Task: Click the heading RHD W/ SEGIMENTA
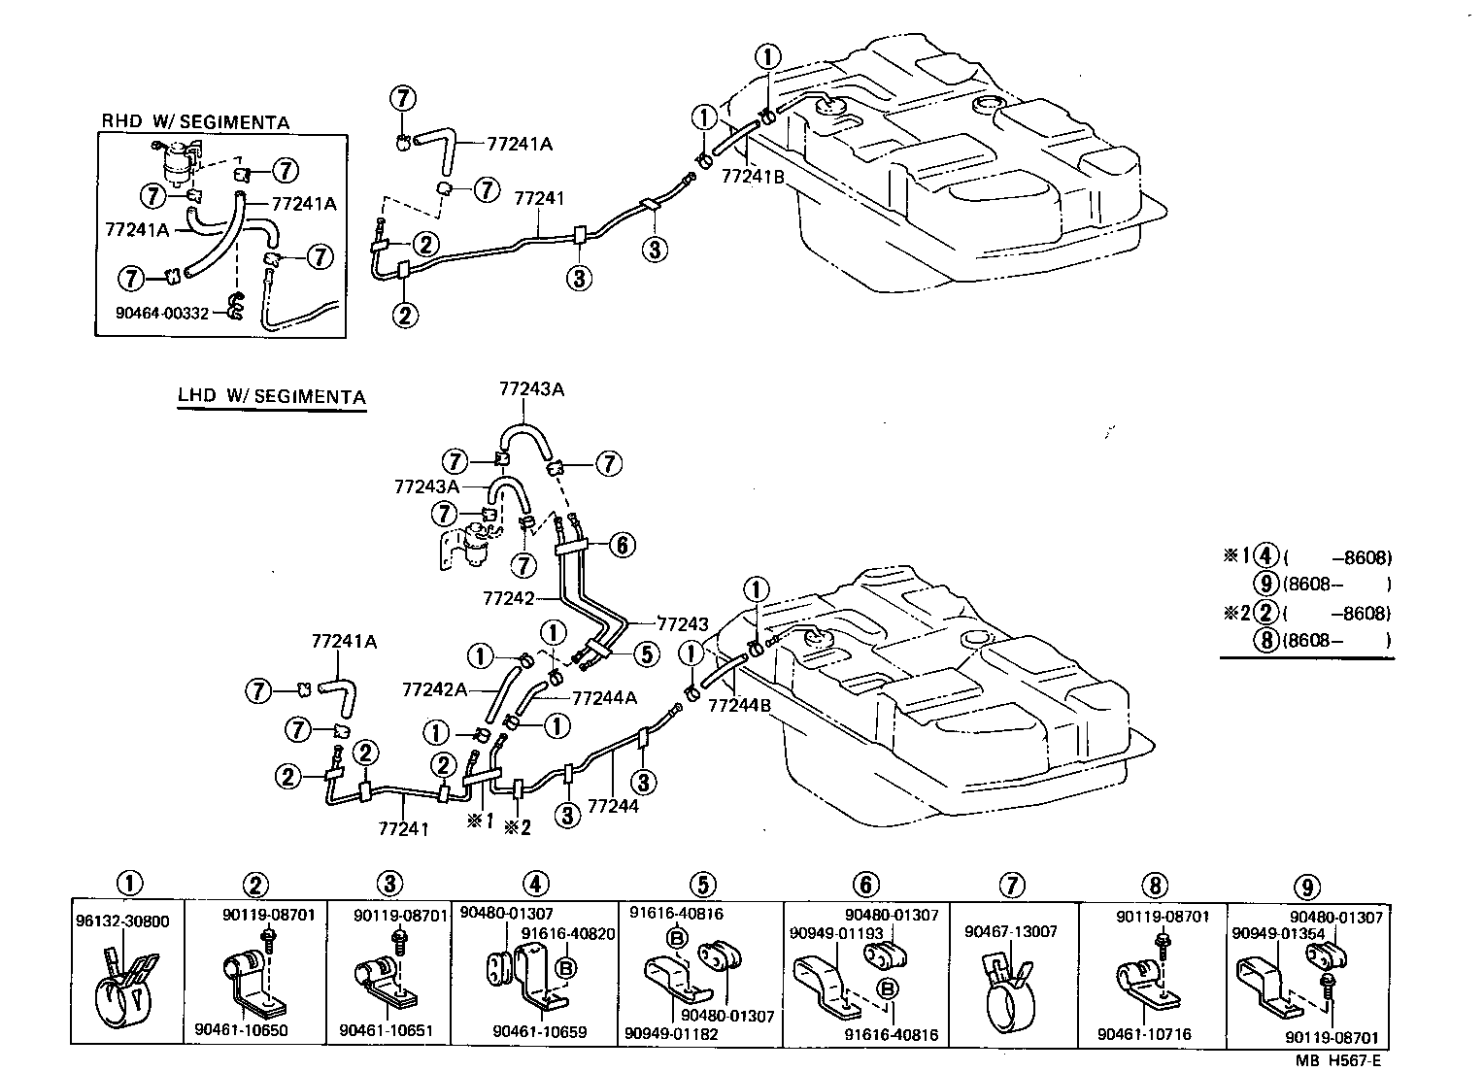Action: coord(195,121)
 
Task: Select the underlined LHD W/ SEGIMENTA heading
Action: coord(271,397)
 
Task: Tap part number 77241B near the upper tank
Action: coord(753,177)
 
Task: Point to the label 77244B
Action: coord(739,706)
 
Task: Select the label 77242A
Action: coord(435,689)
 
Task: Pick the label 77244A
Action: coord(604,697)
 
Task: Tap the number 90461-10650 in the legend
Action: coord(241,1030)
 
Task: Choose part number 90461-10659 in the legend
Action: coord(539,1031)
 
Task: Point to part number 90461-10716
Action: coord(1144,1035)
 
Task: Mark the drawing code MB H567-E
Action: coord(1352,1061)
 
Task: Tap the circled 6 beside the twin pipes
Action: coord(622,546)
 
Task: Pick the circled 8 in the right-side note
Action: coord(1265,640)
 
